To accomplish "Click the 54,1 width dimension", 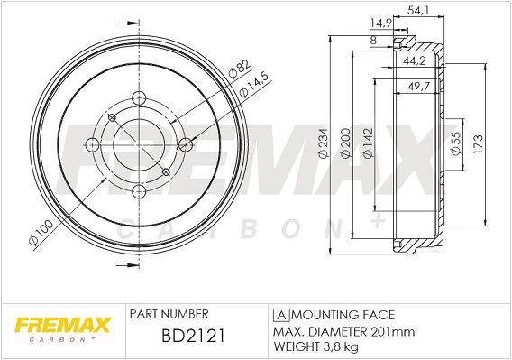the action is (418, 10).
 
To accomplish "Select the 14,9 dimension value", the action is (380, 23).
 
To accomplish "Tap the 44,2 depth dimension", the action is (415, 60).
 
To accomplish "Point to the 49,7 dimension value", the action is (419, 87).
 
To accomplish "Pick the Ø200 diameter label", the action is (346, 143).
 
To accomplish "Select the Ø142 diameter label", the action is (368, 143).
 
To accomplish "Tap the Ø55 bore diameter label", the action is (455, 143).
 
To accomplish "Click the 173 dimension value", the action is (478, 143).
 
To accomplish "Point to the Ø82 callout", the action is (240, 69).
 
